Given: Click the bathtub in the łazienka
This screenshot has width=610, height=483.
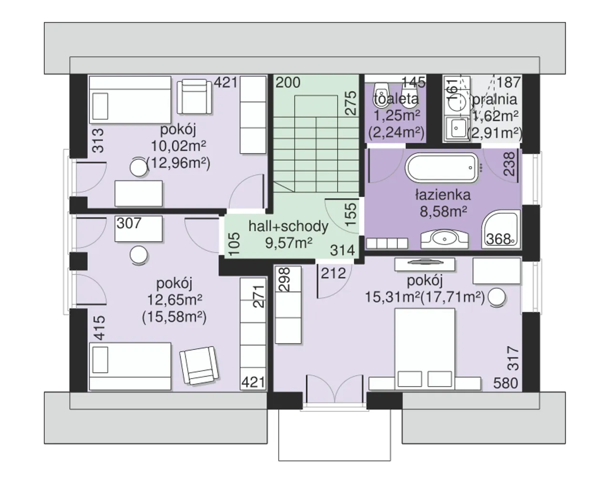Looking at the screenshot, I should coord(441,168).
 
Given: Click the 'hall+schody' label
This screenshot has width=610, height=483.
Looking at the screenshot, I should coord(288,226).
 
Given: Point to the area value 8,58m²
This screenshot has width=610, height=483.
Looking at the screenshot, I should coord(443,211).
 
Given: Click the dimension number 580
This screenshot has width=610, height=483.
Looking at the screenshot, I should coord(506,382).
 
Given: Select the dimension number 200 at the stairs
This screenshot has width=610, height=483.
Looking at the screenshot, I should coord(288,82).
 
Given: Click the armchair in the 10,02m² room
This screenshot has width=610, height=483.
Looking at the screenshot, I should coord(194,97).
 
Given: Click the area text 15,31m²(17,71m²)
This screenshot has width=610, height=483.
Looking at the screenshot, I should coord(425,297).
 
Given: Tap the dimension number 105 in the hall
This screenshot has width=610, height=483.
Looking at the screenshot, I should coord(234,244).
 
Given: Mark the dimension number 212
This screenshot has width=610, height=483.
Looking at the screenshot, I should coord(333,274).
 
